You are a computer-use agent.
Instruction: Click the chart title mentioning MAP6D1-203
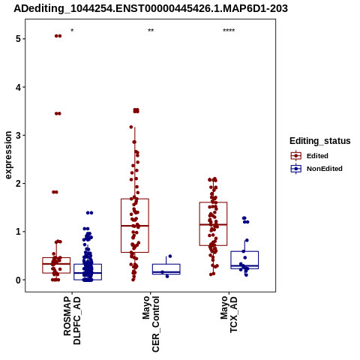point(151,8)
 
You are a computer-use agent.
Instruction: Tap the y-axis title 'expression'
point(8,155)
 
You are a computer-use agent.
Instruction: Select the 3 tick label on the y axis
point(18,135)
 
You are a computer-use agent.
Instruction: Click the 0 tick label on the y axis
point(18,280)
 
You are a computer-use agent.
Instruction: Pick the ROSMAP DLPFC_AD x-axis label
point(72,320)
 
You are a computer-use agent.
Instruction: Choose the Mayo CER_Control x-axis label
point(151,324)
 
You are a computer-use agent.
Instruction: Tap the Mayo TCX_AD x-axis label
point(229,314)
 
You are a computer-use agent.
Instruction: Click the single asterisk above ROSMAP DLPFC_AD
point(72,31)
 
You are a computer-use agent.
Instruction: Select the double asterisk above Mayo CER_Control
point(151,31)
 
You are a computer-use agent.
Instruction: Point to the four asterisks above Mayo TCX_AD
point(229,31)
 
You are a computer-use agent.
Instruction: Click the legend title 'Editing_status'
point(320,141)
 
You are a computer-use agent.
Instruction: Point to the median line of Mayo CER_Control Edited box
point(135,226)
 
